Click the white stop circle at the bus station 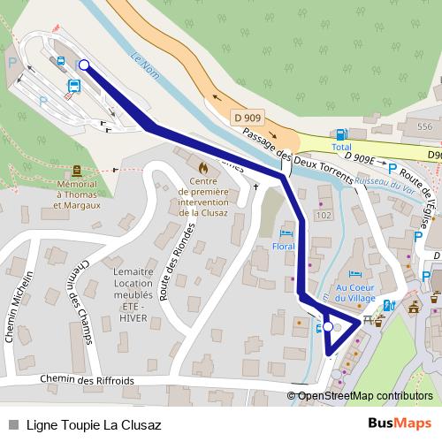84,65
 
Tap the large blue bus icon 75,86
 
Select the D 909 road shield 248,116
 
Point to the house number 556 425,127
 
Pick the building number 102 323,215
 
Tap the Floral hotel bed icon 284,232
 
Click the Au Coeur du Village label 355,291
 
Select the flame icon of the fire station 203,165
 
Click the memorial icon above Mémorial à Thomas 76,170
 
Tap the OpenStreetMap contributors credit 365,396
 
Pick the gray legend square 12,423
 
